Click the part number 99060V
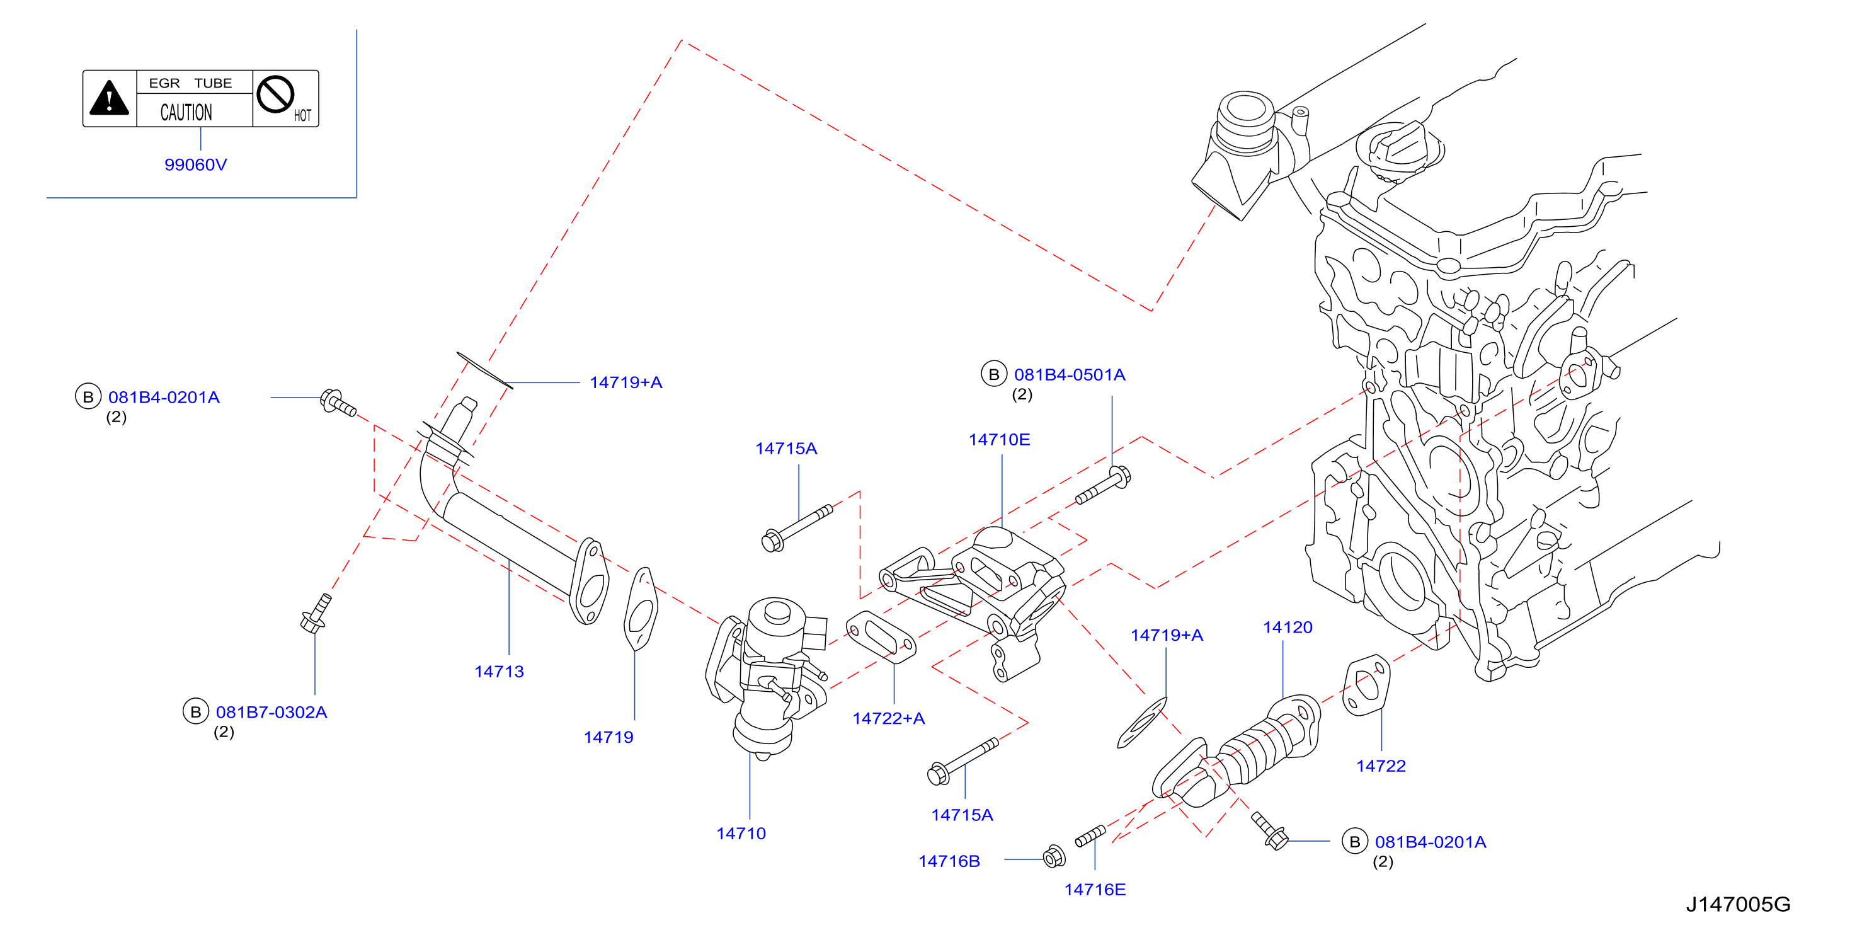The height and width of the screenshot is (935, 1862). click(x=195, y=164)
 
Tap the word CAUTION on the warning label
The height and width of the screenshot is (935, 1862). click(x=186, y=112)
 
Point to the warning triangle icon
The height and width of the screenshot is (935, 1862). click(x=109, y=98)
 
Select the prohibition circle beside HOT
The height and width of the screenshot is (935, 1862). click(x=275, y=94)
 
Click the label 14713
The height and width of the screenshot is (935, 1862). click(x=499, y=671)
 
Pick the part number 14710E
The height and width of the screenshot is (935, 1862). click(x=999, y=439)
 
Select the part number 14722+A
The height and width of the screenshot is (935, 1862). click(x=888, y=718)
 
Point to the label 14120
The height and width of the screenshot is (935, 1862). click(x=1288, y=627)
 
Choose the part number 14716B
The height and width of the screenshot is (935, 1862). click(x=949, y=861)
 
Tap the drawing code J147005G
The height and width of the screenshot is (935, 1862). click(x=1738, y=904)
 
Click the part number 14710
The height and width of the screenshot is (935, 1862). click(x=741, y=833)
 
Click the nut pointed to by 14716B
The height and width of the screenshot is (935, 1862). click(x=1054, y=856)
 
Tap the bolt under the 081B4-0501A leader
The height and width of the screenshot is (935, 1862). click(x=1104, y=485)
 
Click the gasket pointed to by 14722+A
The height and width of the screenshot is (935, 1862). click(x=881, y=637)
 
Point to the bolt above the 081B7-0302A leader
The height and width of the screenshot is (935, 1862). click(x=316, y=613)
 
